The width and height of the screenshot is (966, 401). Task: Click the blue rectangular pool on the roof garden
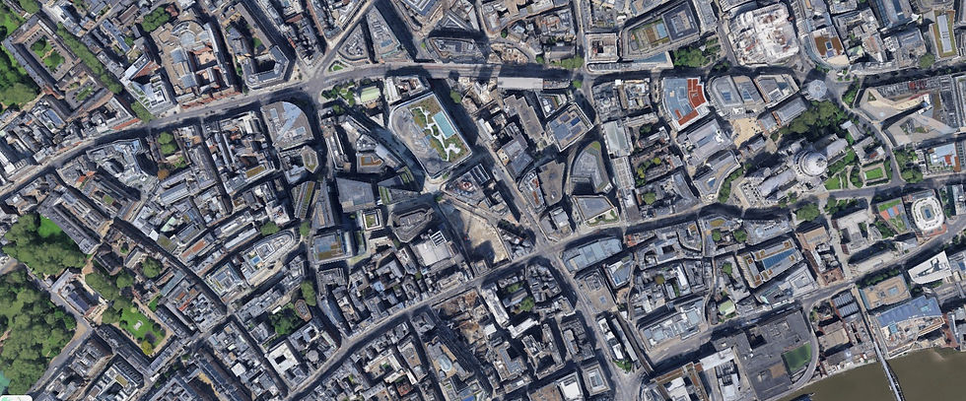(445, 124)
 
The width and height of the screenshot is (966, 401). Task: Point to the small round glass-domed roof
(815, 89)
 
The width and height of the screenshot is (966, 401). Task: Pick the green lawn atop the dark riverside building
(796, 358)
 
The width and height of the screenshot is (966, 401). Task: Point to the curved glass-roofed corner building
(286, 123)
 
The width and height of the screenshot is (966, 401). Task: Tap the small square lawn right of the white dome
(873, 173)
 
